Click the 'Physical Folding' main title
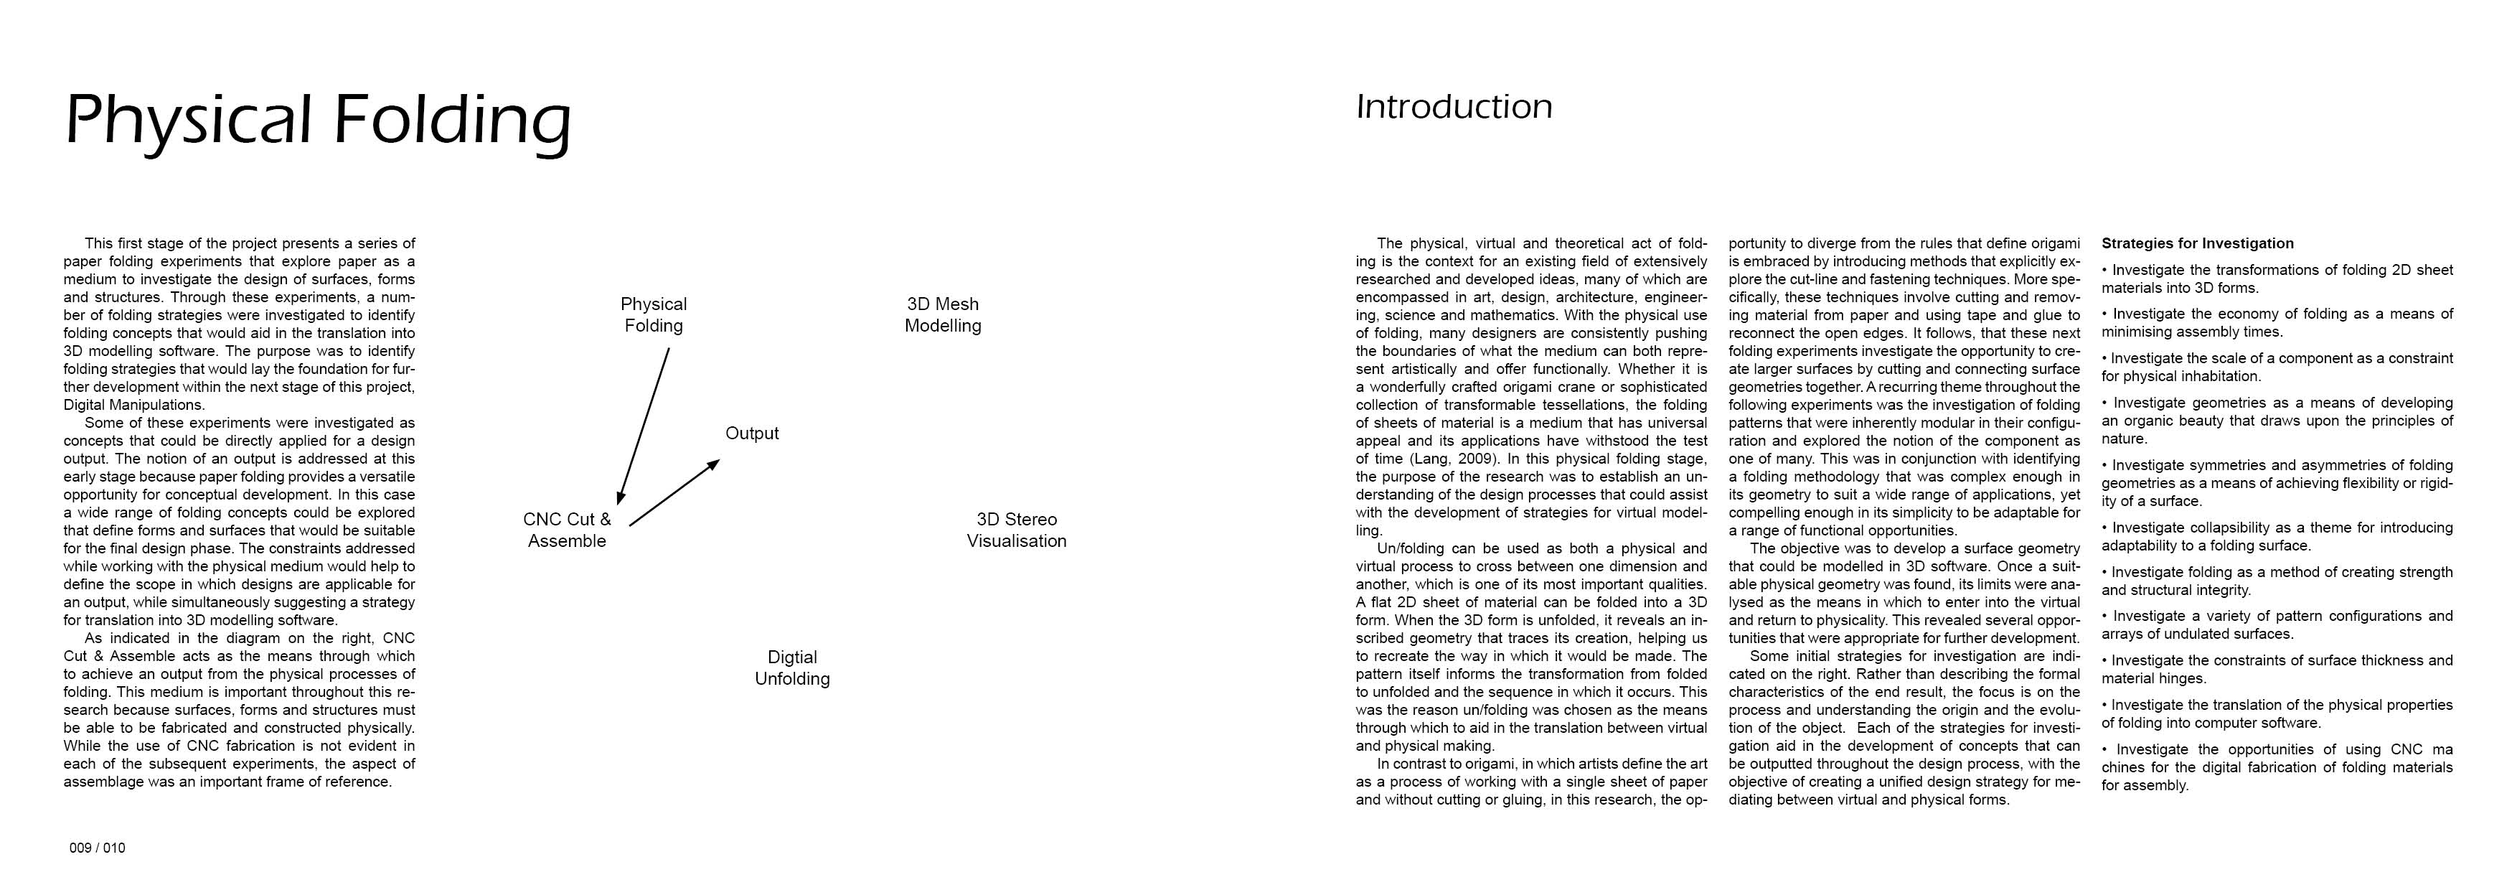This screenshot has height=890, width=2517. pyautogui.click(x=318, y=120)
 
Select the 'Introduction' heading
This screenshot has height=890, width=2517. pyautogui.click(x=1453, y=106)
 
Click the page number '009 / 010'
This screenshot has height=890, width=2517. pyautogui.click(x=97, y=848)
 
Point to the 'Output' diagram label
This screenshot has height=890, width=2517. pyautogui.click(x=751, y=433)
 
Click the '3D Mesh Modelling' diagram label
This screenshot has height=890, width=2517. pyautogui.click(x=942, y=314)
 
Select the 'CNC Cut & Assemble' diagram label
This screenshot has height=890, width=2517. pyautogui.click(x=567, y=530)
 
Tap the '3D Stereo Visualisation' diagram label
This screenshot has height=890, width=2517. pyautogui.click(x=1016, y=530)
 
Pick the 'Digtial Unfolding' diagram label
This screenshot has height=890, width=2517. pyautogui.click(x=791, y=667)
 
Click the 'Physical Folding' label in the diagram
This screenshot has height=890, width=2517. pyautogui.click(x=653, y=314)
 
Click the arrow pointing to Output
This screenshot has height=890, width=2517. pyautogui.click(x=674, y=493)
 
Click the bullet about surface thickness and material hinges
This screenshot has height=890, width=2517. pyautogui.click(x=2277, y=669)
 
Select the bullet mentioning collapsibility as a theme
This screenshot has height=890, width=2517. pyautogui.click(x=2277, y=536)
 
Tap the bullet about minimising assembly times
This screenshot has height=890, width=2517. pyautogui.click(x=2277, y=322)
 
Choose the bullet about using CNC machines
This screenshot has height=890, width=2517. pyautogui.click(x=2277, y=767)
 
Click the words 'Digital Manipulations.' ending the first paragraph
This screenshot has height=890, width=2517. pyautogui.click(x=135, y=405)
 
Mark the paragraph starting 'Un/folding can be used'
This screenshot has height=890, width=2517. pyautogui.click(x=1531, y=647)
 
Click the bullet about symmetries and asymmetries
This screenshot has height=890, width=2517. pyautogui.click(x=2277, y=482)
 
